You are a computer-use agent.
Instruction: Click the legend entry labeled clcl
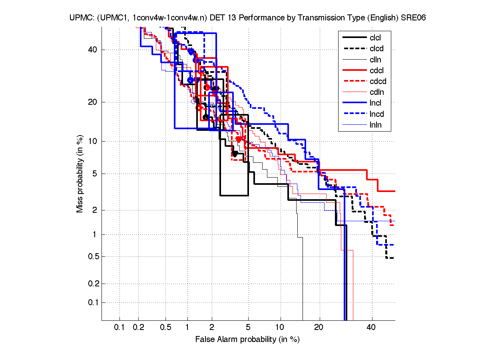[375, 38]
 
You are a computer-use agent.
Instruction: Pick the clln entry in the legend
[376, 60]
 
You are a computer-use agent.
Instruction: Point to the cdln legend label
[377, 92]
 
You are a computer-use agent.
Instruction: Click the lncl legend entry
[375, 103]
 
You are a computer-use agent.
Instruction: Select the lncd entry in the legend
[376, 114]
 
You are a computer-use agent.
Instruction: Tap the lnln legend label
[376, 125]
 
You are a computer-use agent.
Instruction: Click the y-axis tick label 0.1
[92, 302]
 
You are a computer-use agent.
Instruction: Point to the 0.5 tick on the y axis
[92, 256]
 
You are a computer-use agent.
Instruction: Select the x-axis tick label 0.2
[139, 328]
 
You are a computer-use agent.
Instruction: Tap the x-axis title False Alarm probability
[247, 340]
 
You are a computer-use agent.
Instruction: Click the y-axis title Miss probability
[80, 174]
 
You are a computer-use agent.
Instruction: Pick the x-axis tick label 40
[372, 328]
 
